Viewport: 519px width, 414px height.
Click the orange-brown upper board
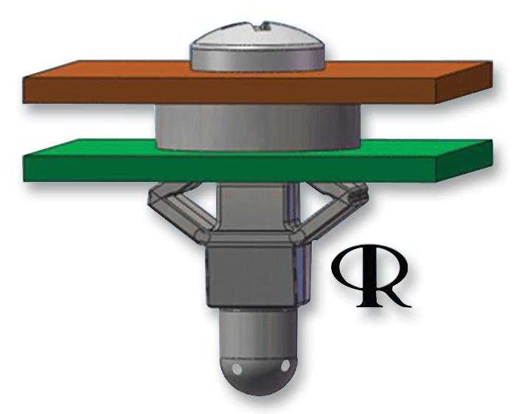[111, 85]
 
